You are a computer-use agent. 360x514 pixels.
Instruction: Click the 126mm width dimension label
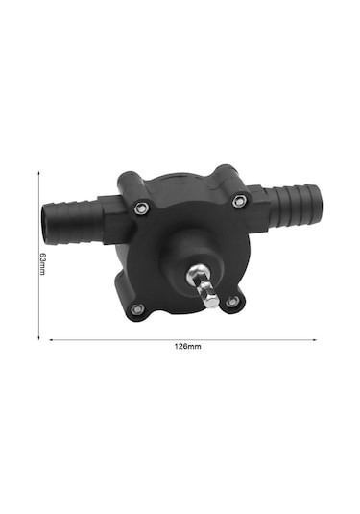pyautogui.click(x=187, y=346)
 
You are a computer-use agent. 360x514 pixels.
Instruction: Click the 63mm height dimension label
pyautogui.click(x=43, y=263)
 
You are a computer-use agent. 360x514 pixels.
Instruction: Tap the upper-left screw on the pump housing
pyautogui.click(x=141, y=208)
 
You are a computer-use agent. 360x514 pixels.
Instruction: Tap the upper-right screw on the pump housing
pyautogui.click(x=239, y=201)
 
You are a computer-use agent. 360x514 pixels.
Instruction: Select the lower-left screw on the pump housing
pyautogui.click(x=137, y=308)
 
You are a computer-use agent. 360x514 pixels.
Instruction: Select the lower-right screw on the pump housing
pyautogui.click(x=232, y=301)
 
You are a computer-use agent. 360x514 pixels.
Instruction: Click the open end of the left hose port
pyautogui.click(x=45, y=224)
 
